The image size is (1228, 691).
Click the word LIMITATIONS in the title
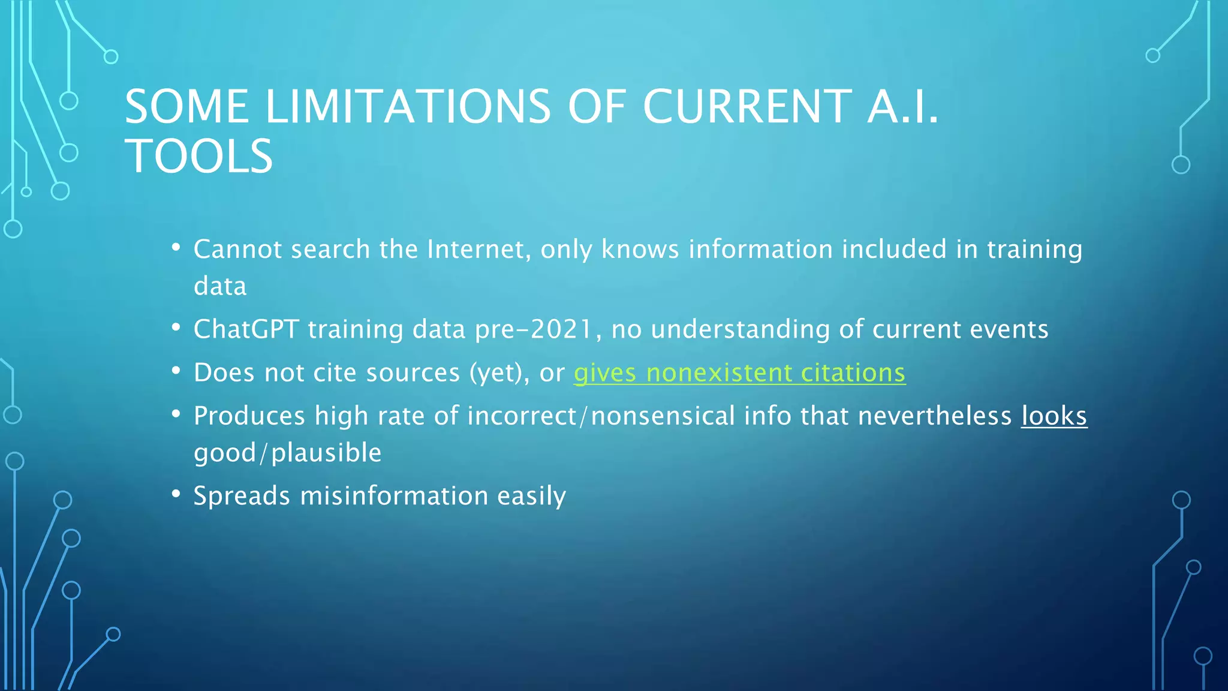pos(408,107)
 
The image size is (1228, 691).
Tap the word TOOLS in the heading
pos(199,156)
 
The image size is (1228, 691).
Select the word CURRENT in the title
pos(747,107)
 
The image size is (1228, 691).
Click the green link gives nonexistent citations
pos(739,373)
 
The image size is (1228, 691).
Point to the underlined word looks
pos(1054,416)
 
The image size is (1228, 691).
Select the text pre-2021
pos(534,329)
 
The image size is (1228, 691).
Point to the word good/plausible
pos(288,453)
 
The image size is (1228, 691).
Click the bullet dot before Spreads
pos(176,494)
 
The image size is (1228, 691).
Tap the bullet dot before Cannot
pos(176,247)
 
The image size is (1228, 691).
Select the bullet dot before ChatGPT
pos(176,328)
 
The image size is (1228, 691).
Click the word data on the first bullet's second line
pos(220,287)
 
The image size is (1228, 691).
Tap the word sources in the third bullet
pos(413,373)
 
